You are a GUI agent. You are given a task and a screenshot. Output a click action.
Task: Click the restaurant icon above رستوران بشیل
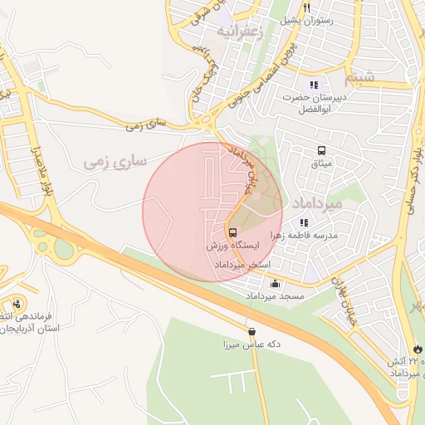click(306, 8)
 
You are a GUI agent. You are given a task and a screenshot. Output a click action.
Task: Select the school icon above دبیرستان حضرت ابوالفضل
click(313, 85)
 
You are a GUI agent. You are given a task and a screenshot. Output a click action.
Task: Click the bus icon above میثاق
click(321, 150)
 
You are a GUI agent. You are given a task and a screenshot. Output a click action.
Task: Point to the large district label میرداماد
click(311, 203)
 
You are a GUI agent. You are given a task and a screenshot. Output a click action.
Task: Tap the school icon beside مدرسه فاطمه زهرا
click(304, 222)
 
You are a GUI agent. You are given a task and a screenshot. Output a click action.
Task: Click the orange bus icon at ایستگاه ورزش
click(232, 233)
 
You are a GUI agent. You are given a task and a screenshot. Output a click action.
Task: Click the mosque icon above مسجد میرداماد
click(275, 283)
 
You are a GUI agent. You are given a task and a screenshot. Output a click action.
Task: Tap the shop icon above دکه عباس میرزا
click(251, 331)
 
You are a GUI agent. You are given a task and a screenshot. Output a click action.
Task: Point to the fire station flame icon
click(417, 349)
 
